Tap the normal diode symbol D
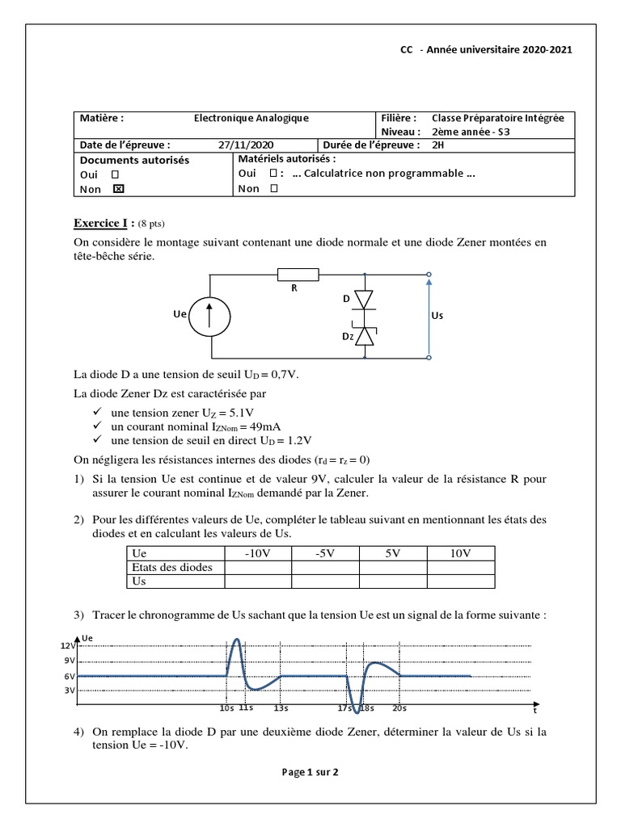pyautogui.click(x=365, y=300)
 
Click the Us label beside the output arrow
pyautogui.click(x=437, y=317)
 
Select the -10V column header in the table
pyautogui.click(x=257, y=553)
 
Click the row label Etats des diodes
pyautogui.click(x=171, y=567)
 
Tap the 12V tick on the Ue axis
pyautogui.click(x=68, y=646)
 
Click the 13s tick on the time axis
pyautogui.click(x=281, y=708)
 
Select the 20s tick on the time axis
pyautogui.click(x=399, y=708)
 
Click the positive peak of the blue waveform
pyautogui.click(x=237, y=640)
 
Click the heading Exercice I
pyautogui.click(x=103, y=223)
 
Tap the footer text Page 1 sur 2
pyautogui.click(x=310, y=772)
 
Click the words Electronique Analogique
pyautogui.click(x=251, y=118)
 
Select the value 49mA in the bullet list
pyautogui.click(x=269, y=426)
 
